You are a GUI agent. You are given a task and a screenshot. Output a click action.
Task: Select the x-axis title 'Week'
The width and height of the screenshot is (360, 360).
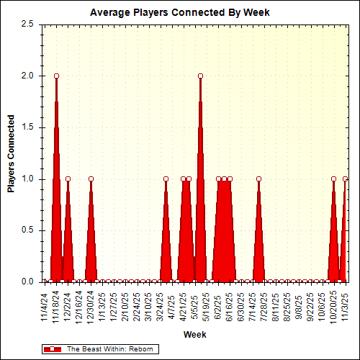click(194, 335)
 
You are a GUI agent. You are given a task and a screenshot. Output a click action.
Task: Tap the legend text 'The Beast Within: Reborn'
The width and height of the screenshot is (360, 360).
click(107, 348)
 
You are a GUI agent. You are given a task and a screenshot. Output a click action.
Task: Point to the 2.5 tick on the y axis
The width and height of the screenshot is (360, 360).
click(28, 24)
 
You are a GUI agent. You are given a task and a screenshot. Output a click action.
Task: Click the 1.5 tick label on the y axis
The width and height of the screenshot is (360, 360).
click(28, 127)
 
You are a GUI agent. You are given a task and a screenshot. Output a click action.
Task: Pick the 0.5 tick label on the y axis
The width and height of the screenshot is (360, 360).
click(28, 230)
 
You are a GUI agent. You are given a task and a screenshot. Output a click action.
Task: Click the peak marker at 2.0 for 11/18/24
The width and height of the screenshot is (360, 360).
click(56, 76)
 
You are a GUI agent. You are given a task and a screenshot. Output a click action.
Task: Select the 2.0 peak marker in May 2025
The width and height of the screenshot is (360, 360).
click(200, 76)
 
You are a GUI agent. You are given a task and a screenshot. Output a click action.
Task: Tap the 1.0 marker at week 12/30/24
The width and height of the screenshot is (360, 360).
click(91, 179)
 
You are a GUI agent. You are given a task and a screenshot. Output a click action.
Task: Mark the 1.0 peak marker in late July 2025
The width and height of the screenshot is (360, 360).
click(258, 179)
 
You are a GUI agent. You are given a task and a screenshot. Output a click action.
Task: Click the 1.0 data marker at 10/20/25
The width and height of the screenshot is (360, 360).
click(333, 179)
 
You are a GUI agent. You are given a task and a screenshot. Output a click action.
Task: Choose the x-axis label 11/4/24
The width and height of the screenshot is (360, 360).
click(45, 306)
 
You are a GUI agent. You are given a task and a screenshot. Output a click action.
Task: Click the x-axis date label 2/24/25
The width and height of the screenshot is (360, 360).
click(137, 306)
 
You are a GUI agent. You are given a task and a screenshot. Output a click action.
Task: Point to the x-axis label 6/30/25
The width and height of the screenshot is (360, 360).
click(241, 306)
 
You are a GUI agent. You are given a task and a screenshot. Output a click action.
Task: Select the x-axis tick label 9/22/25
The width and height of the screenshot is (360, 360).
click(310, 306)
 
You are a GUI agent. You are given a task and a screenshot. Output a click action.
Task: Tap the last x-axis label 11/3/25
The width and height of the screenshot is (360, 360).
click(345, 306)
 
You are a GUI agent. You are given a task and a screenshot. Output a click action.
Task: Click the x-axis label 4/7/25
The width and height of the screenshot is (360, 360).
click(171, 306)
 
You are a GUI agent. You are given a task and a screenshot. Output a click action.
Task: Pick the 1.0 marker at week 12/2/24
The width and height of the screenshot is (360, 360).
click(68, 179)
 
